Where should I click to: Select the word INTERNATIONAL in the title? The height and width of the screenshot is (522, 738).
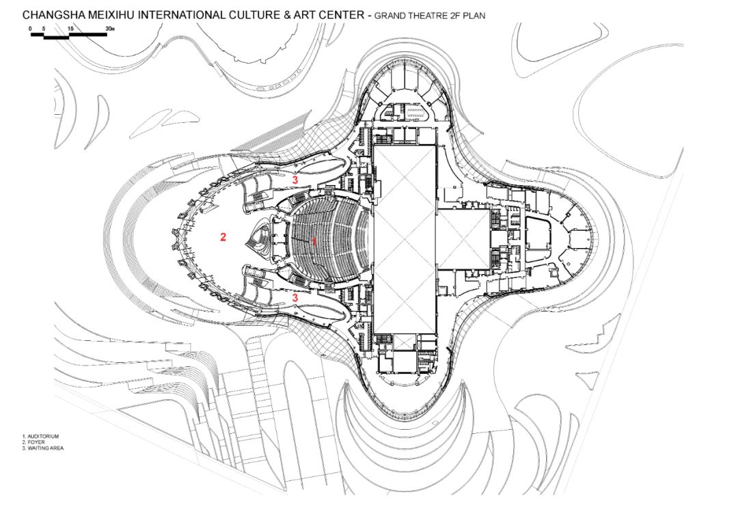[x=177, y=14]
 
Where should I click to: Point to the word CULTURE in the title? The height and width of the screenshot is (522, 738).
[x=249, y=14]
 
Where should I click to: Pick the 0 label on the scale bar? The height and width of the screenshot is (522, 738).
[x=31, y=29]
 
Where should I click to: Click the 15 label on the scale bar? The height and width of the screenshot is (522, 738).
[x=70, y=29]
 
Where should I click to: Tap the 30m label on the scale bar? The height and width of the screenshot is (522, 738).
[x=111, y=29]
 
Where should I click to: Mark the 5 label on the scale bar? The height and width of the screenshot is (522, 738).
[x=44, y=29]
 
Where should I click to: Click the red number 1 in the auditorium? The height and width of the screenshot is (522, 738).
[x=314, y=241]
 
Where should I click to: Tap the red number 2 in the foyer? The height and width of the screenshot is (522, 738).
[x=222, y=237]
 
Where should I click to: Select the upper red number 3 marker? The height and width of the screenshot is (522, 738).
[x=295, y=180]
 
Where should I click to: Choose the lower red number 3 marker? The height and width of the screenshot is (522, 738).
[x=295, y=298]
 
